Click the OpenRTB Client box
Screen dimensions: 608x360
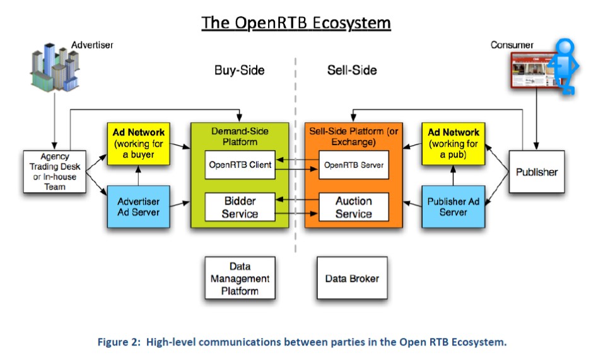[240, 165]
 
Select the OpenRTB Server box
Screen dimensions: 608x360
[354, 165]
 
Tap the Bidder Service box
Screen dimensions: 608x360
[240, 207]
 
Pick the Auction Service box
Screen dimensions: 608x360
[354, 207]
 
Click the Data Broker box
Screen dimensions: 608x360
[352, 278]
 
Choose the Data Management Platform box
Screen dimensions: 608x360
[240, 278]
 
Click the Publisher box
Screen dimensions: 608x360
[537, 171]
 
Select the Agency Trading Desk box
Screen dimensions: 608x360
[55, 171]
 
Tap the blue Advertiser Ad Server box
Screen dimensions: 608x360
[138, 207]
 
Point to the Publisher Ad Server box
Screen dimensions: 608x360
[453, 207]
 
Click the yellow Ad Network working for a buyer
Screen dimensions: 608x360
[138, 144]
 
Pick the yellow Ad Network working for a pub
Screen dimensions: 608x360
[453, 144]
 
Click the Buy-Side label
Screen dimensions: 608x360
[239, 70]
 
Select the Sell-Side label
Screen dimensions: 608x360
[352, 70]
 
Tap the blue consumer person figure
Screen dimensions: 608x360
[564, 66]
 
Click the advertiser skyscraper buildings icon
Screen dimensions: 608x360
[55, 67]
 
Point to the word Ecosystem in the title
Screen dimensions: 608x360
[352, 23]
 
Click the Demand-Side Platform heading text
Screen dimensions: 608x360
[240, 136]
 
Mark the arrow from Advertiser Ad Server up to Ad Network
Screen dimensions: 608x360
[138, 175]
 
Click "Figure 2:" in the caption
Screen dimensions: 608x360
[119, 342]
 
